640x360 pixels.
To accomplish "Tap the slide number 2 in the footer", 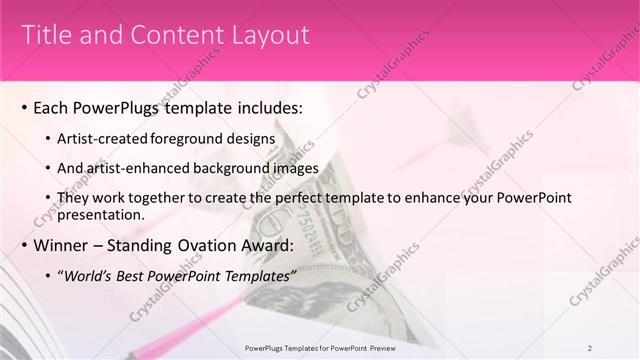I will pos(590,347).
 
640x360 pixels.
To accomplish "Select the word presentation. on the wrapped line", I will pos(103,215).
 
